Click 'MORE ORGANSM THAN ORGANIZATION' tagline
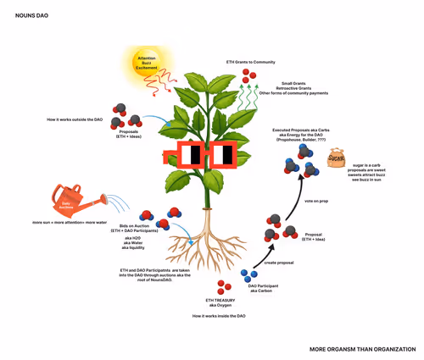coord(362,348)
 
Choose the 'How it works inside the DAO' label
coord(218,315)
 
